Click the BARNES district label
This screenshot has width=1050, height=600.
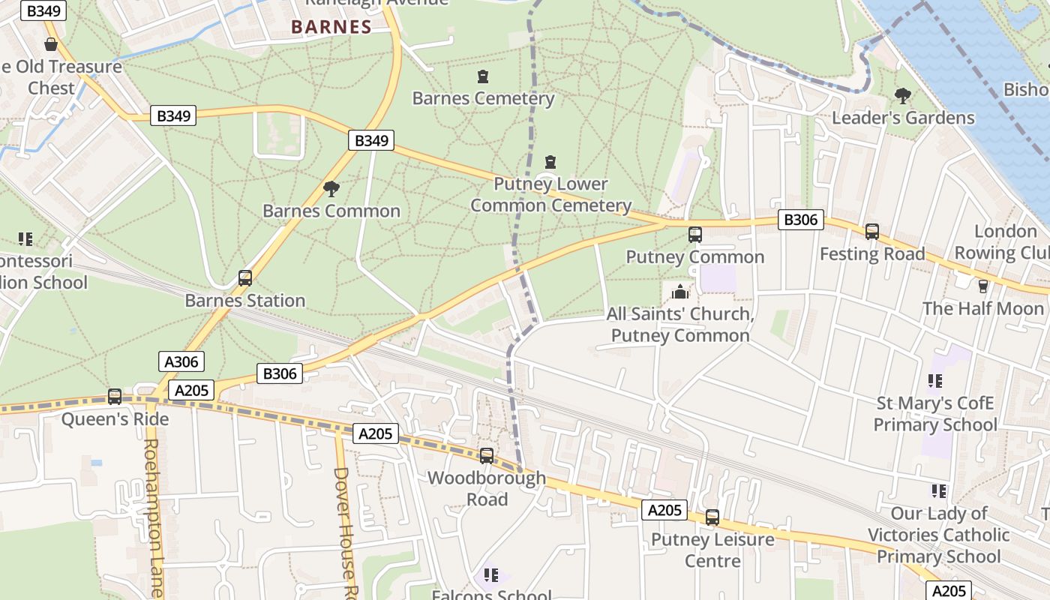331,27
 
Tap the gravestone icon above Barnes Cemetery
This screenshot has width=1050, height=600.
482,76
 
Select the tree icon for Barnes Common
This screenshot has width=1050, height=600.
331,189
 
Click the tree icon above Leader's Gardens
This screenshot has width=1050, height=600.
902,96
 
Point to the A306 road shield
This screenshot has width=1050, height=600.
181,362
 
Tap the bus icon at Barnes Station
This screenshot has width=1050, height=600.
244,278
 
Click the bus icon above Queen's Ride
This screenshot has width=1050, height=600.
115,397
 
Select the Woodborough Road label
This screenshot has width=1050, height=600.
487,488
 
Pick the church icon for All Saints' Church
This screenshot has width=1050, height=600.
680,292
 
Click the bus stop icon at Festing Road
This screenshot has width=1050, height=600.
871,232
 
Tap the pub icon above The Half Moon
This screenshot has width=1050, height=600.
982,286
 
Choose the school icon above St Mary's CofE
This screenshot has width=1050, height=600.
934,381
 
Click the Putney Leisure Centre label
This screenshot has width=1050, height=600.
712,550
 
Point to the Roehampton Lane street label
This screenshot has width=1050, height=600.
152,517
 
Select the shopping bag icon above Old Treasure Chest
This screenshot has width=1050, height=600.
51,45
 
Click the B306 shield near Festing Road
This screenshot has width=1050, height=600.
801,220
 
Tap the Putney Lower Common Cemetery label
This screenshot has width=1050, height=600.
550,194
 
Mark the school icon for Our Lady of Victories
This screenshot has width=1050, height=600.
937,491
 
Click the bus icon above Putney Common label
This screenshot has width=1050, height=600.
694,235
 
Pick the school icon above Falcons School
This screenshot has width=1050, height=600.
490,575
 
